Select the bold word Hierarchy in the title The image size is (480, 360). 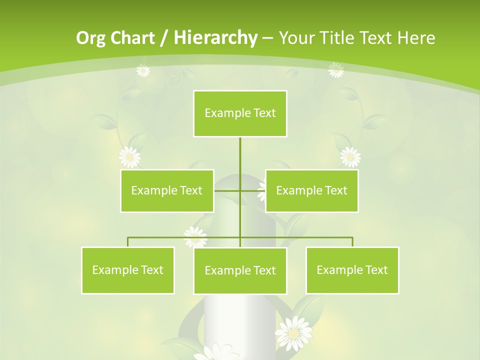coord(215,38)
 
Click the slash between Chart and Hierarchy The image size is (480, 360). coord(164,38)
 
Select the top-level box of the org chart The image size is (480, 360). coord(240,113)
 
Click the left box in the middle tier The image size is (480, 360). coord(167,190)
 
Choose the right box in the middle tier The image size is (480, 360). coord(311,190)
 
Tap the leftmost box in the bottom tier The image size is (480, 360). coord(127,270)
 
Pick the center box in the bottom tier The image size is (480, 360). coord(240,270)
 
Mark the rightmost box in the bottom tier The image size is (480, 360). coord(352,270)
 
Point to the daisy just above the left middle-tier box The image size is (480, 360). coord(130,157)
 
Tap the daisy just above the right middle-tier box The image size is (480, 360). coord(350,157)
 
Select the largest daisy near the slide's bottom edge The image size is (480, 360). coord(294,332)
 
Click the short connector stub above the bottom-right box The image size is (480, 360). coord(352,242)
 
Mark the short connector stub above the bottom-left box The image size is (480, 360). coord(127,242)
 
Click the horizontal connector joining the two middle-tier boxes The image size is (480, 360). coord(240,190)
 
